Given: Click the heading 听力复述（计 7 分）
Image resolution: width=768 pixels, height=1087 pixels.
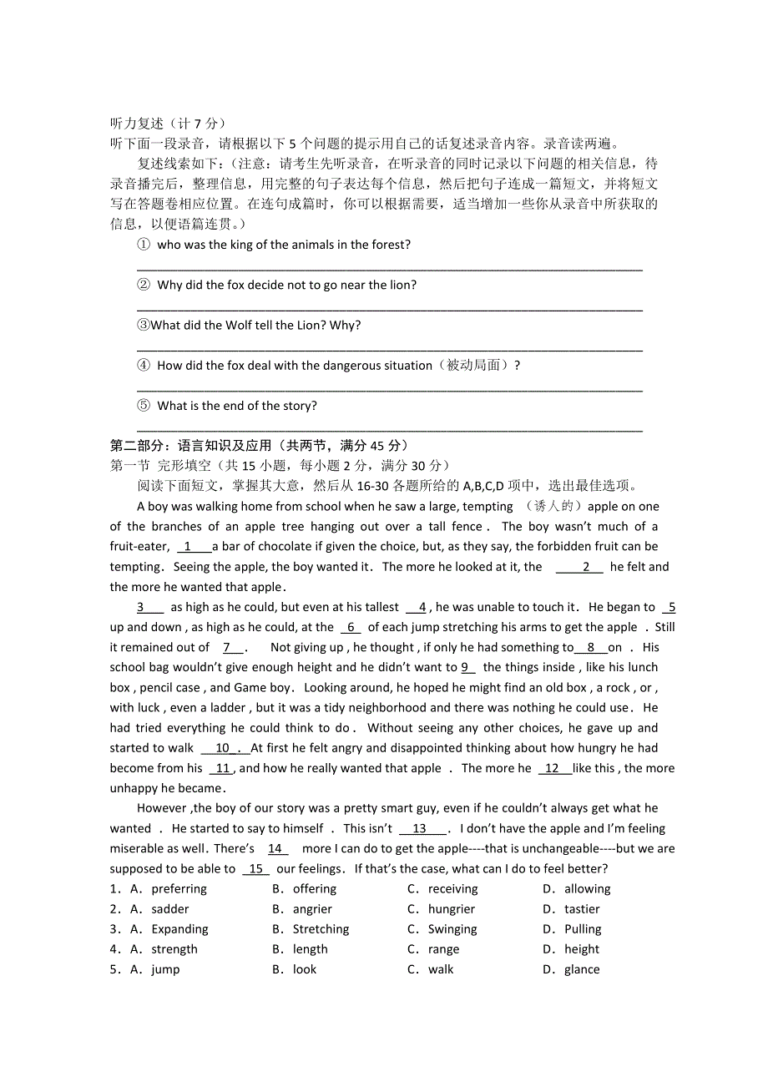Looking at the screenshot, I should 168,124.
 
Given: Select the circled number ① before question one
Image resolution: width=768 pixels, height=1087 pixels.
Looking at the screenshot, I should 143,245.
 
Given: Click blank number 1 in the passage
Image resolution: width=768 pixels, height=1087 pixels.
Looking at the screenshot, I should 188,547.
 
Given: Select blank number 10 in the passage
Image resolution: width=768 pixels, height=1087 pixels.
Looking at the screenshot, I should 222,748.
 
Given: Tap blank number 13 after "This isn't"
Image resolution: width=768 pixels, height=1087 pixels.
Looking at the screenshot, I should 419,829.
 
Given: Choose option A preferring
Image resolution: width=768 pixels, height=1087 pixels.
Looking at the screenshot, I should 179,889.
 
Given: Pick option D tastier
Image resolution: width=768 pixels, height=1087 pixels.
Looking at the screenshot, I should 582,909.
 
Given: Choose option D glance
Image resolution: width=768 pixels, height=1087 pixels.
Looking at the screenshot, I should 582,969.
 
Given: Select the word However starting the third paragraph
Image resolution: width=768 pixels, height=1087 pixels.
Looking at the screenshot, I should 163,808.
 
